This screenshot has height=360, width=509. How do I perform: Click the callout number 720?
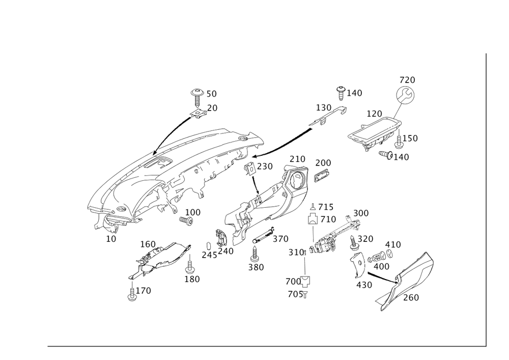(407, 80)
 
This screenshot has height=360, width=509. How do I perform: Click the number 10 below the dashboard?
(111, 238)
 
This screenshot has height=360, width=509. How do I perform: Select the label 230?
(266, 167)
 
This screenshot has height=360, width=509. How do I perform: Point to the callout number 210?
(298, 160)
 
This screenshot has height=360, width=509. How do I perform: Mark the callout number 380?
(256, 266)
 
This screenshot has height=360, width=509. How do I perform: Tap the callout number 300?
(361, 213)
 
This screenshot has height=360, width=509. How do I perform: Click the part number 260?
(411, 298)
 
